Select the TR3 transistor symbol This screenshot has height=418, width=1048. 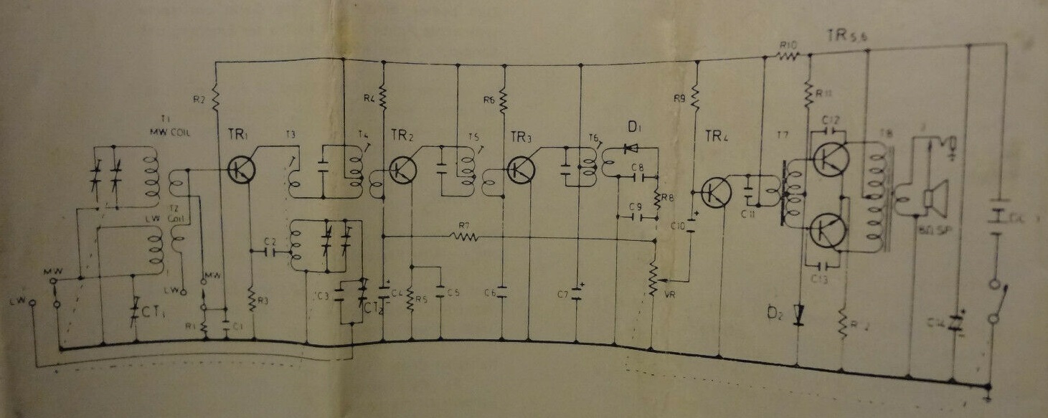click(519, 171)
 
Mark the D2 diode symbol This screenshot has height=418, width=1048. click(798, 313)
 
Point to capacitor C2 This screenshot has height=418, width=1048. click(269, 252)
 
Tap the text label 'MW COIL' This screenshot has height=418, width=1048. click(168, 133)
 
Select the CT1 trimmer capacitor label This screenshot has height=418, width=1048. click(152, 312)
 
